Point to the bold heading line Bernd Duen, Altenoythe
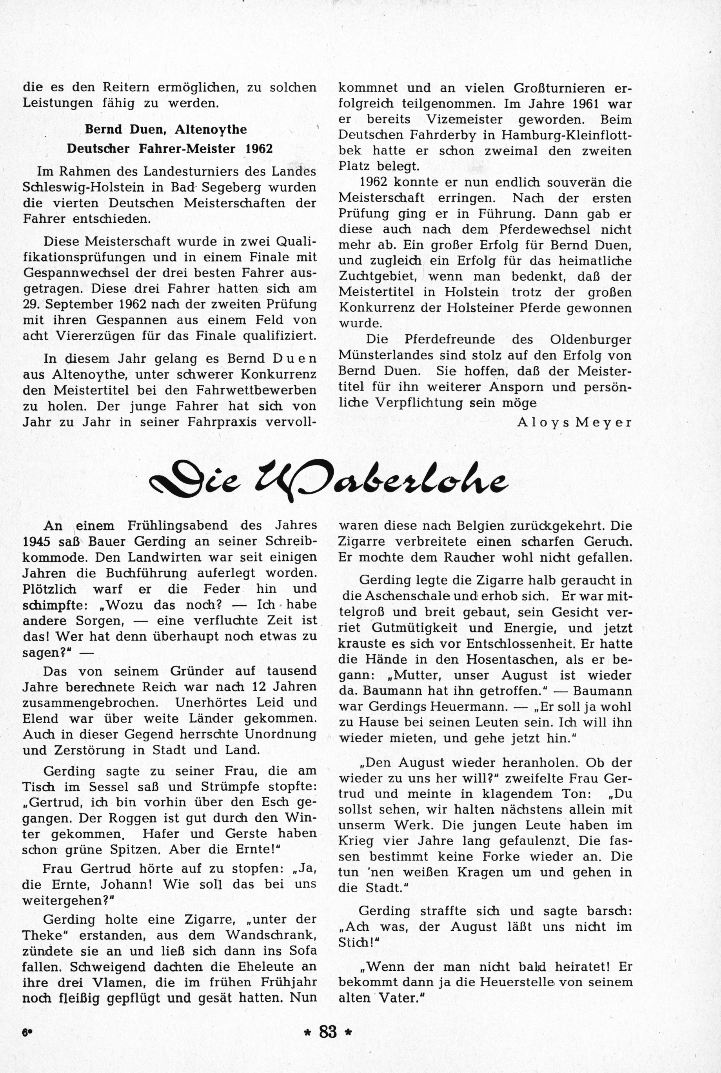click(x=165, y=130)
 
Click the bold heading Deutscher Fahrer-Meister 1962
click(x=170, y=149)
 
